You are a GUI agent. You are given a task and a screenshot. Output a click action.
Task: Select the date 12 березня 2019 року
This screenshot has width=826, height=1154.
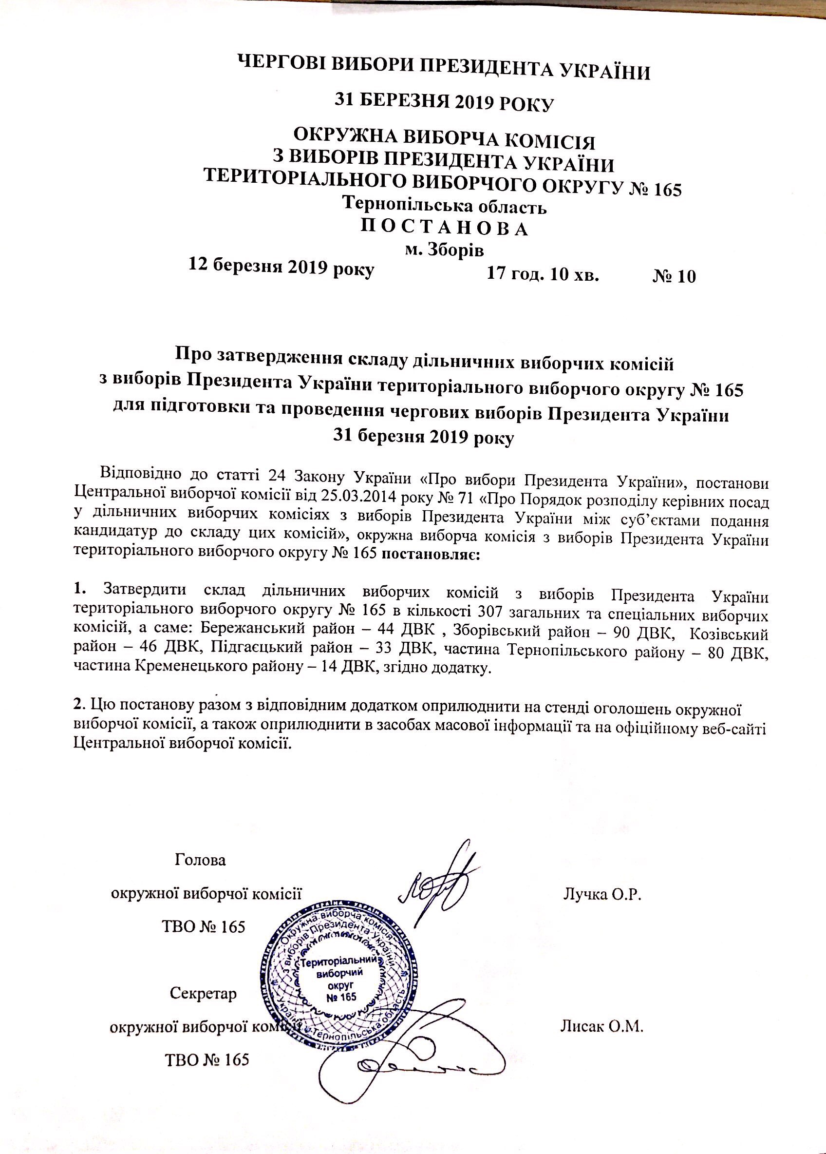coord(282,267)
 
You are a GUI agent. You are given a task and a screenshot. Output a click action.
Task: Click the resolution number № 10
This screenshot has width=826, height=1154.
coord(674,276)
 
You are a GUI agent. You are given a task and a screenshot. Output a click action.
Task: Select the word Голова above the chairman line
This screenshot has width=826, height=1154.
coord(200,861)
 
